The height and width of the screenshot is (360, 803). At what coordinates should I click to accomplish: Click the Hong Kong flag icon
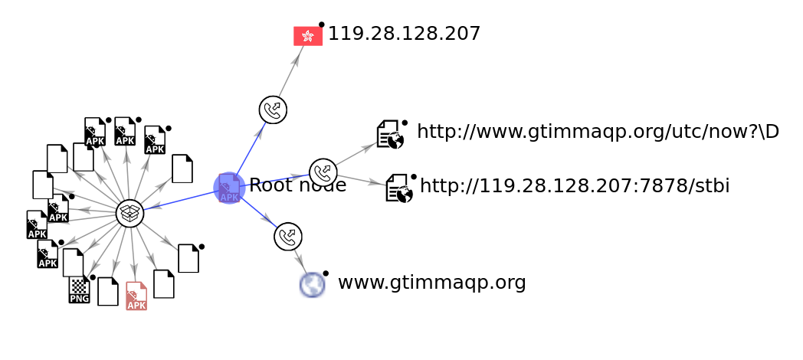(308, 36)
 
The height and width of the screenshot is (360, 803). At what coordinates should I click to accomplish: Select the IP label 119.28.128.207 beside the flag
(404, 34)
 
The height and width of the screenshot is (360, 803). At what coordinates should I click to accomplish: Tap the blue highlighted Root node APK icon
(229, 188)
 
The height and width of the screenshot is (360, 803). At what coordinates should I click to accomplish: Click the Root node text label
(297, 185)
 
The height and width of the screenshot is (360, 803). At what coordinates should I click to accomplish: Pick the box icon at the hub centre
(130, 214)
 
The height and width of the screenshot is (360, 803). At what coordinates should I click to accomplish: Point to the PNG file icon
(79, 290)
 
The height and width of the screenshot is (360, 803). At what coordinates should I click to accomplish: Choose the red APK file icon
(136, 296)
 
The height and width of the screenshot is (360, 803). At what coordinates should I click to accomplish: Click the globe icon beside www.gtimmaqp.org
(313, 285)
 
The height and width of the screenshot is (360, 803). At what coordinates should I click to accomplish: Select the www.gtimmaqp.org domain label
(431, 283)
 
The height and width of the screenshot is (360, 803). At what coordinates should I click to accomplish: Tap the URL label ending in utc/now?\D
(598, 132)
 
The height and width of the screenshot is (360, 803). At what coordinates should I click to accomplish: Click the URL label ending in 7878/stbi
(575, 186)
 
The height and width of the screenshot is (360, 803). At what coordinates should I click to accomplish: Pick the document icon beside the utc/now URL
(390, 134)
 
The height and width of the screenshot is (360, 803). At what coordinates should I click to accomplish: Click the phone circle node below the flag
(273, 110)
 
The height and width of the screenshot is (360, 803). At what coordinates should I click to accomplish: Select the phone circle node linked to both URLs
(323, 172)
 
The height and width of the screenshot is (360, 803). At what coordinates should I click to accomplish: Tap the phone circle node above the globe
(288, 237)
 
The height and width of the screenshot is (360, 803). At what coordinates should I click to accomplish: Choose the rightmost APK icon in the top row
(155, 140)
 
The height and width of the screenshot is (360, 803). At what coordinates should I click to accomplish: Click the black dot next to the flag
(322, 25)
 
